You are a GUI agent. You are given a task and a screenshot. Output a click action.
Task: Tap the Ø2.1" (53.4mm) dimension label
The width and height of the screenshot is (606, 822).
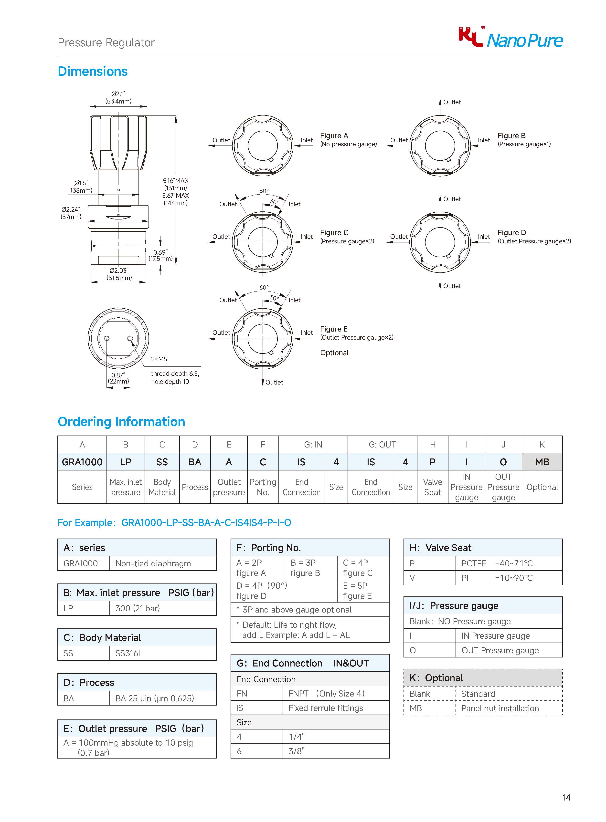click(118, 97)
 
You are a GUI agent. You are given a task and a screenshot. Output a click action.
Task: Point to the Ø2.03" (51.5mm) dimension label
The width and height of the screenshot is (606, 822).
click(119, 274)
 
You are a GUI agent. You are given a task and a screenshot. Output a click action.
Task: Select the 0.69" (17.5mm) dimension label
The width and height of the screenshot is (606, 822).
click(160, 255)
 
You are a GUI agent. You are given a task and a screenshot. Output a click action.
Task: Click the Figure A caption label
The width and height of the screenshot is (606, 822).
click(334, 136)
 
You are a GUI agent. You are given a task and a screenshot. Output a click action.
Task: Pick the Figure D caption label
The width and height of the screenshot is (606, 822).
click(511, 232)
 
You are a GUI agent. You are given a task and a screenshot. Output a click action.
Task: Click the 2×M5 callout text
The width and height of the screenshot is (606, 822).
click(159, 359)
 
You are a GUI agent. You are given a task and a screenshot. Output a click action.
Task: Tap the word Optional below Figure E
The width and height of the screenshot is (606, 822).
click(334, 353)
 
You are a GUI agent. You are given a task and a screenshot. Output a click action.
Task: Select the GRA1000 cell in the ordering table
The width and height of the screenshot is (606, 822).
click(82, 462)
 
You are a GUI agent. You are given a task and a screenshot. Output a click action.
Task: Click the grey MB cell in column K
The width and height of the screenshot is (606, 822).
click(542, 462)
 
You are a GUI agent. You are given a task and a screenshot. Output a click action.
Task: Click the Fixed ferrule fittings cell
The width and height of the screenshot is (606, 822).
click(326, 708)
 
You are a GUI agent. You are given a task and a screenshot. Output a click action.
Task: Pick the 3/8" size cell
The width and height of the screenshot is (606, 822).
click(296, 751)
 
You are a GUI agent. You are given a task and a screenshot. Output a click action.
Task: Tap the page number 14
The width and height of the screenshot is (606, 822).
click(566, 797)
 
